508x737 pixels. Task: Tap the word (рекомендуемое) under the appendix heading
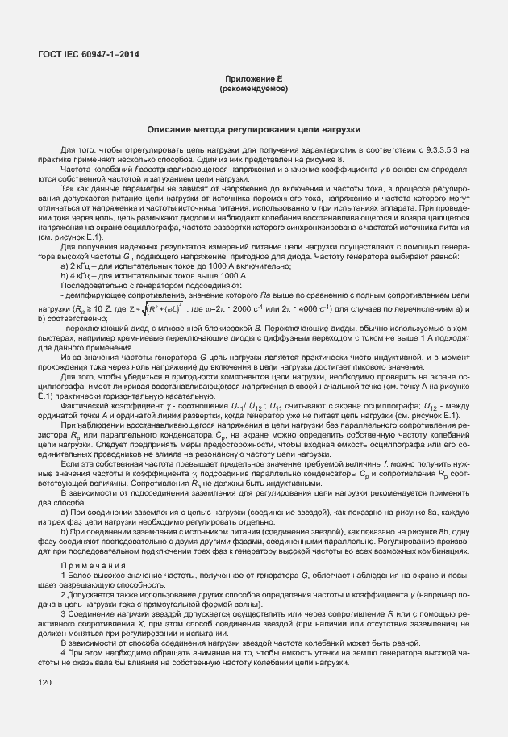(254, 89)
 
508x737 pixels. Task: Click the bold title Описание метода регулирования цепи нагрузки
(253, 129)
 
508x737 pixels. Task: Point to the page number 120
(44, 683)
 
